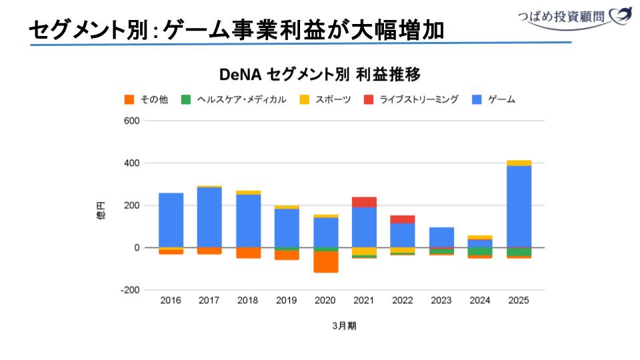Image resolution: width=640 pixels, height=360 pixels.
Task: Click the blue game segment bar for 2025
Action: [518, 206]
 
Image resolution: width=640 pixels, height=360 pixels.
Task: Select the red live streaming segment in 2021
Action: [364, 202]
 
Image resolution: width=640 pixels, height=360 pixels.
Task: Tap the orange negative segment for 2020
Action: [325, 262]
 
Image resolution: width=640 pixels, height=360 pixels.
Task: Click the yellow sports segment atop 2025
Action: [518, 163]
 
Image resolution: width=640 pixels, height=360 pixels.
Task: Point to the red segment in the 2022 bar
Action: [403, 219]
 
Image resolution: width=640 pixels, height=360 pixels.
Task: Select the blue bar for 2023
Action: [441, 237]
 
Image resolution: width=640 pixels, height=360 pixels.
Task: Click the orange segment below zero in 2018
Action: [248, 253]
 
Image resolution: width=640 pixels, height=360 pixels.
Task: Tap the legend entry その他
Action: [147, 99]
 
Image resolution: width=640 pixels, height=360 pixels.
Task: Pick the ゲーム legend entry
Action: [493, 99]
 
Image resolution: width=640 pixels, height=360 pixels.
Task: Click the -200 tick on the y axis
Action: [129, 290]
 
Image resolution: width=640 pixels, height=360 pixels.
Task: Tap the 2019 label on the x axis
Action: [287, 301]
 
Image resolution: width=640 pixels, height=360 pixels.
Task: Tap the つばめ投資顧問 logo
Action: [574, 15]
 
